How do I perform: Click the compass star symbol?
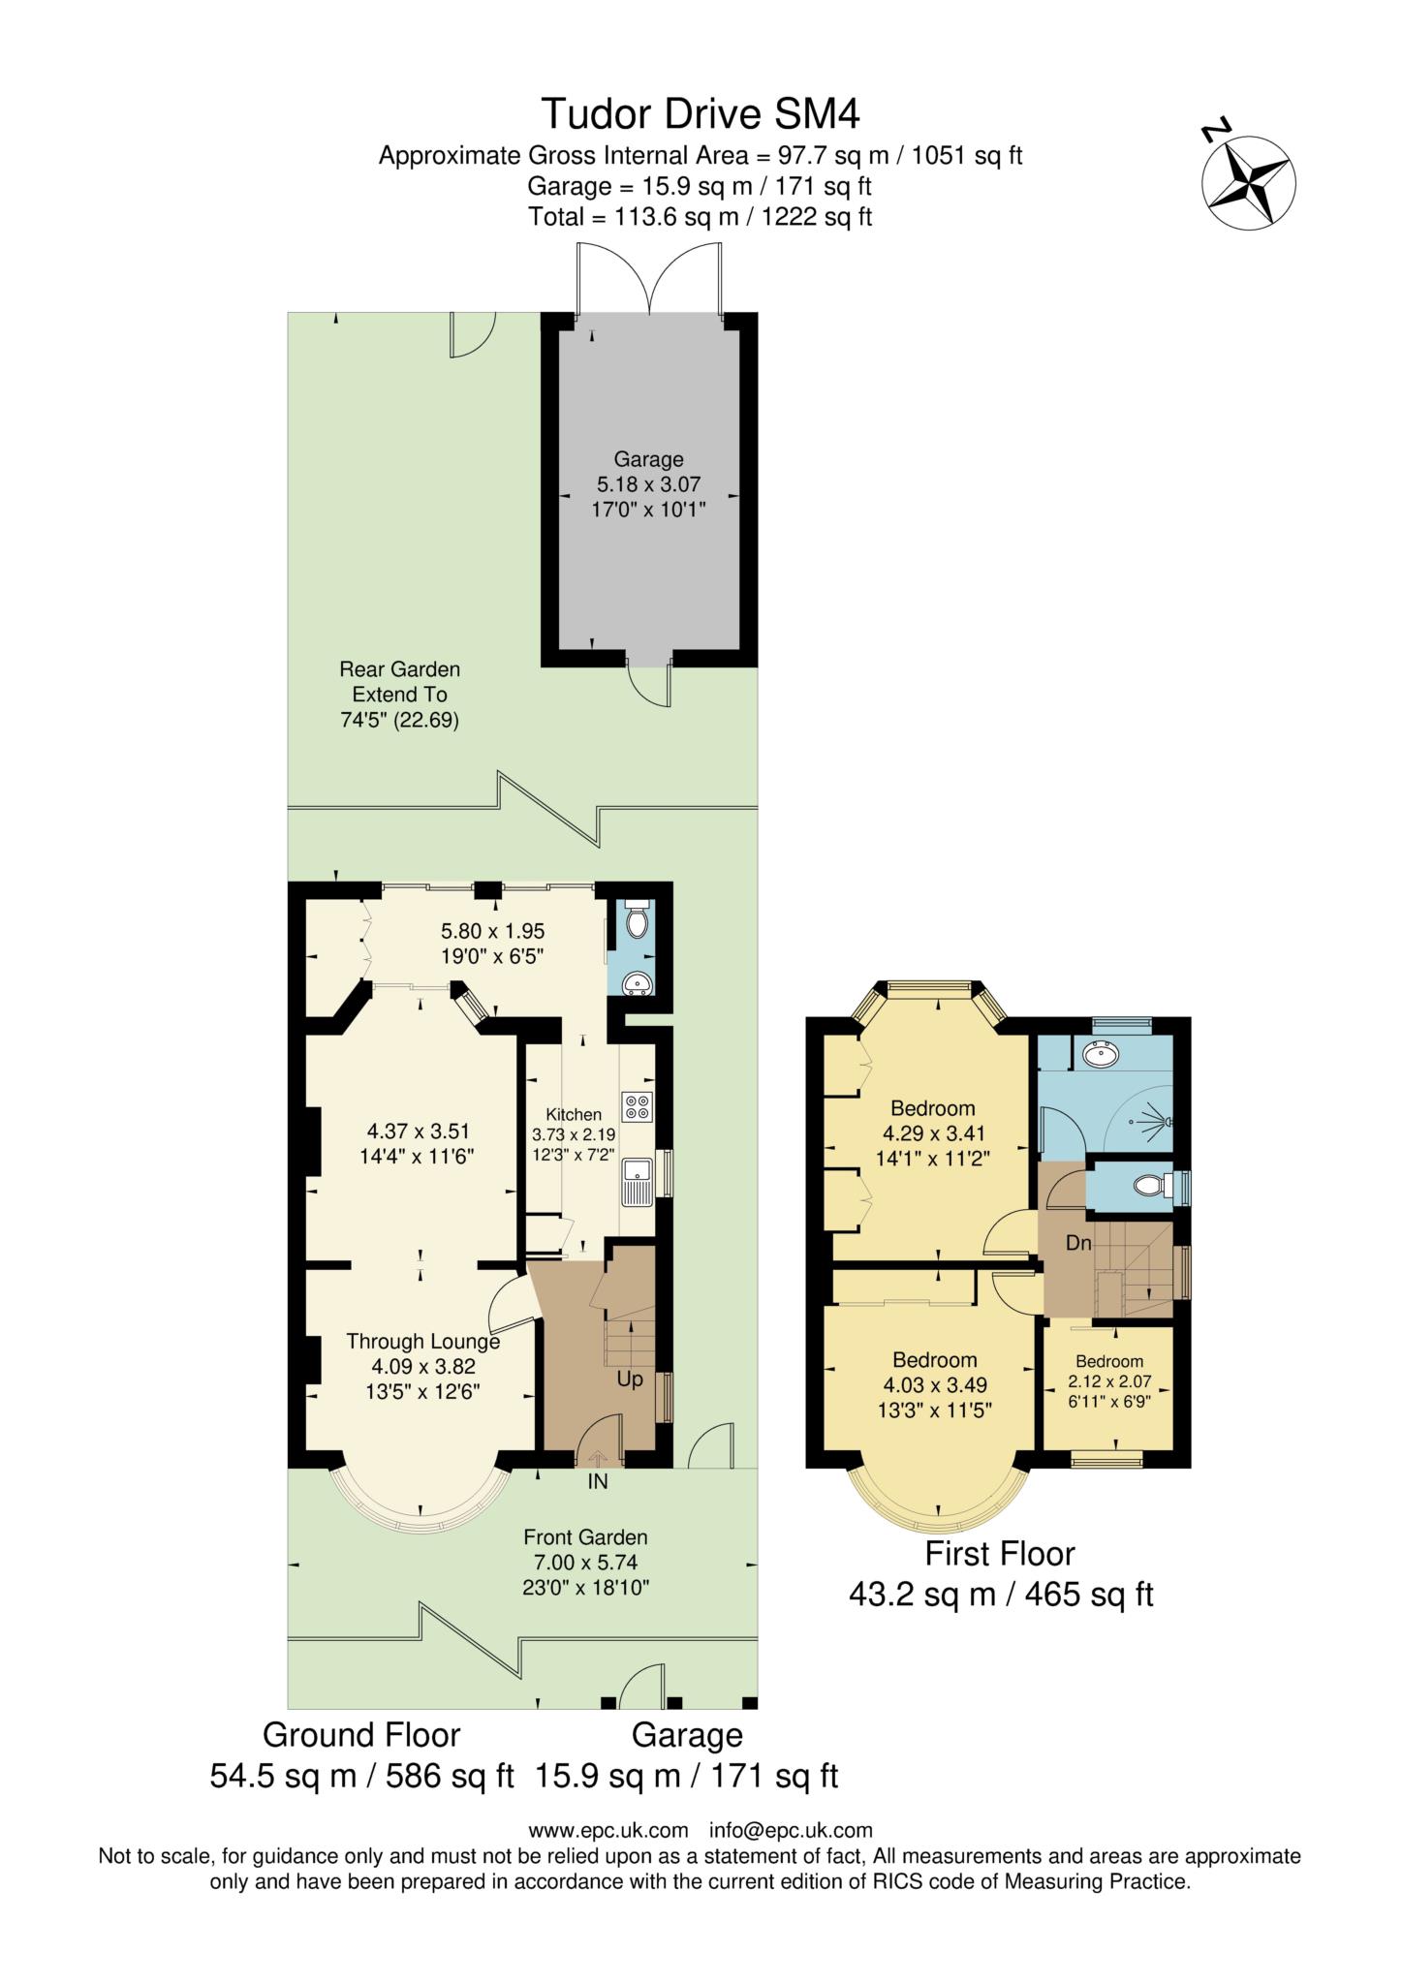click(1249, 182)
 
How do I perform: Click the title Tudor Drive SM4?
click(700, 113)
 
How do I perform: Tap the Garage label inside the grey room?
click(648, 459)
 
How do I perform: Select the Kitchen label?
click(574, 1115)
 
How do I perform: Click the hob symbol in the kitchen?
click(636, 1106)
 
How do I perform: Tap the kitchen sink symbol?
click(638, 1182)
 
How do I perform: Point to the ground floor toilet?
click(637, 919)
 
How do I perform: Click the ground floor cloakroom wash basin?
click(638, 985)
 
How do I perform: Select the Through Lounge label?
click(423, 1342)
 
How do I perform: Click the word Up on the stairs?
click(630, 1379)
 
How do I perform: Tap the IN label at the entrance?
click(598, 1481)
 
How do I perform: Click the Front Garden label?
click(585, 1536)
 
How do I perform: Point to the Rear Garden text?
click(399, 669)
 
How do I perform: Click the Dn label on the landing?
click(1078, 1243)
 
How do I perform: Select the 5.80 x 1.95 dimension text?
click(492, 931)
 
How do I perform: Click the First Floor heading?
click(1000, 1555)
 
